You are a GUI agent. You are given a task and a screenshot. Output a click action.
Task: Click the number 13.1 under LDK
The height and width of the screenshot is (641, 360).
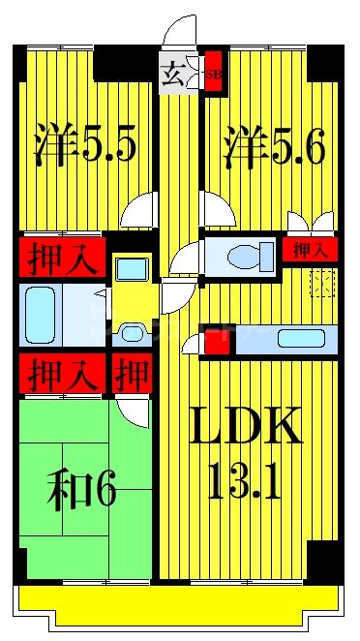pos(246,480)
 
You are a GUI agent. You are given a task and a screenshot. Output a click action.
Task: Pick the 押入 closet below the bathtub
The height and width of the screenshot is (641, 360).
pos(57,373)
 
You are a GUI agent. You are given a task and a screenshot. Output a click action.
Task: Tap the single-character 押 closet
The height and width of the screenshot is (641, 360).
pos(131,373)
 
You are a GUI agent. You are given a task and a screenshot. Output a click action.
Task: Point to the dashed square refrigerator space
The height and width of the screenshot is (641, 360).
pos(322,284)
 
